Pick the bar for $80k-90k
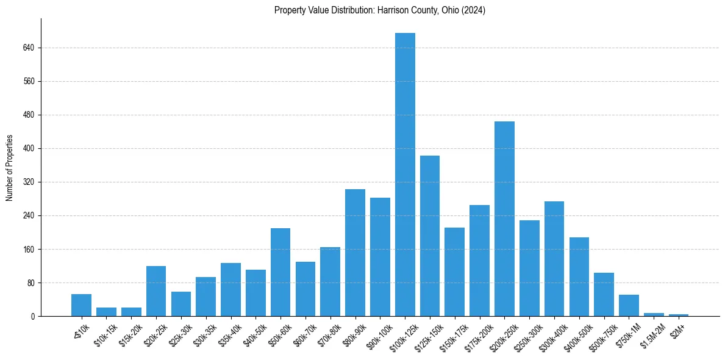[x=355, y=253]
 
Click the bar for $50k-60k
[x=280, y=272]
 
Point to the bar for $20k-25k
[x=156, y=291]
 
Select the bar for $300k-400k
[x=554, y=259]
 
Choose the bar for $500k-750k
[x=604, y=294]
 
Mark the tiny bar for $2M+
[x=679, y=315]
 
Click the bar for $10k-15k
[x=106, y=312]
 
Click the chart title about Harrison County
[x=380, y=10]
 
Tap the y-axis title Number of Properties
[x=10, y=168]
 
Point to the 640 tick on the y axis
[x=29, y=48]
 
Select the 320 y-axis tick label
[x=29, y=182]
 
